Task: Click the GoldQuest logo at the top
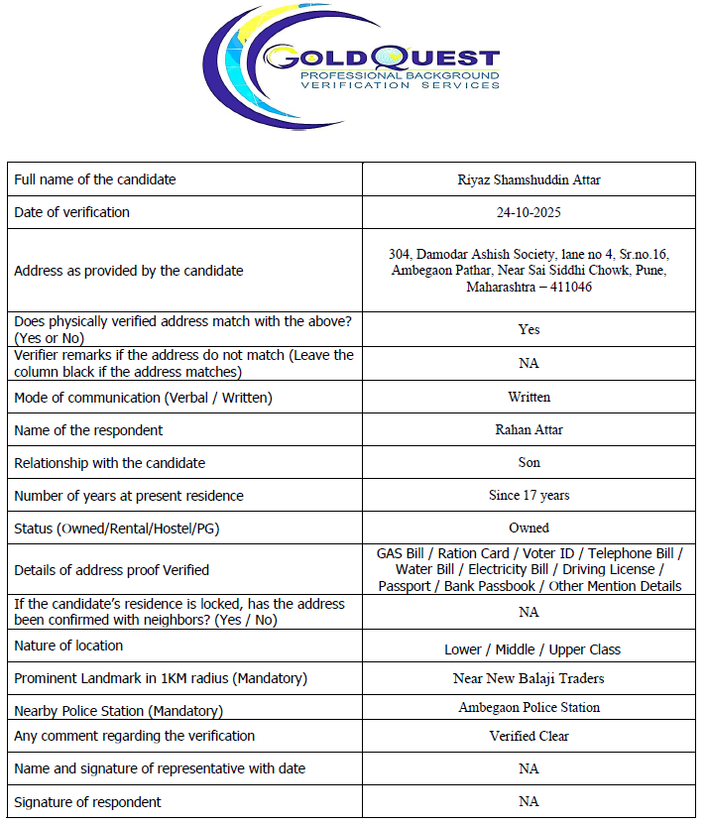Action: click(353, 61)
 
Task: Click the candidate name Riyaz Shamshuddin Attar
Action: click(529, 179)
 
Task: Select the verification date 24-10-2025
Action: click(529, 212)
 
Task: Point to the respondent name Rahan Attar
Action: click(529, 430)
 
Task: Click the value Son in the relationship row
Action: click(529, 462)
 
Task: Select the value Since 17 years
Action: click(529, 495)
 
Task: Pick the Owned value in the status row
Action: click(529, 528)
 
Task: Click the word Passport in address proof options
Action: click(408, 586)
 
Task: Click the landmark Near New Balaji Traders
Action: click(529, 679)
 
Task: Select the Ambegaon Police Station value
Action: click(529, 707)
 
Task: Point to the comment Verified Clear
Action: click(529, 736)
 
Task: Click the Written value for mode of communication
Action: click(529, 397)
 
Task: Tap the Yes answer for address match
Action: click(529, 329)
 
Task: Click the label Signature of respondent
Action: click(87, 801)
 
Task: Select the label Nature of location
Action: click(68, 646)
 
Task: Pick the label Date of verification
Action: click(71, 212)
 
